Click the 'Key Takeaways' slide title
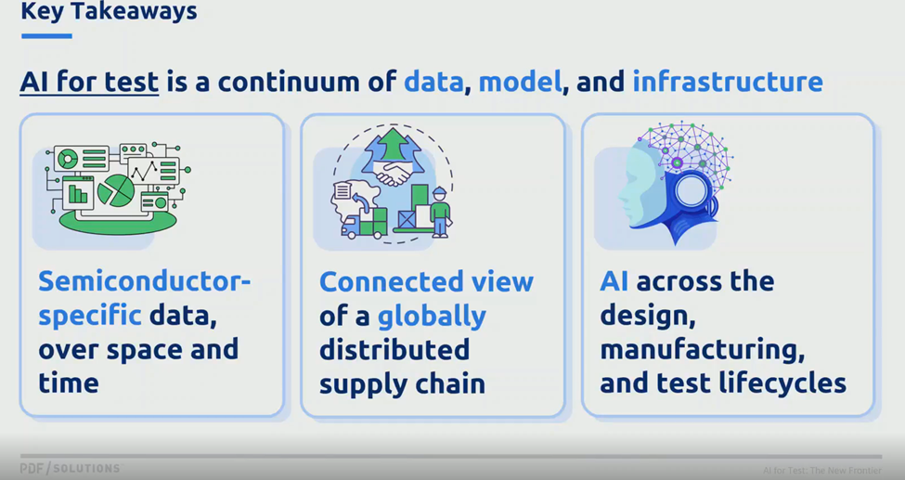click(109, 10)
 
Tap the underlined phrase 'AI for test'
click(89, 82)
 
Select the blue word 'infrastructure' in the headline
click(728, 82)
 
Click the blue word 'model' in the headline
click(520, 82)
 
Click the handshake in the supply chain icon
click(393, 172)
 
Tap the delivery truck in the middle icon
click(364, 223)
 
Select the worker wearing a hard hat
click(440, 212)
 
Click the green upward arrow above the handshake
click(393, 145)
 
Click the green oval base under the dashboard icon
click(118, 222)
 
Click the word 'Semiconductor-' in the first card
click(144, 281)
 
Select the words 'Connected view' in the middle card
click(427, 281)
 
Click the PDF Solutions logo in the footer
click(70, 468)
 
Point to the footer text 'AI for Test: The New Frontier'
click(821, 470)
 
